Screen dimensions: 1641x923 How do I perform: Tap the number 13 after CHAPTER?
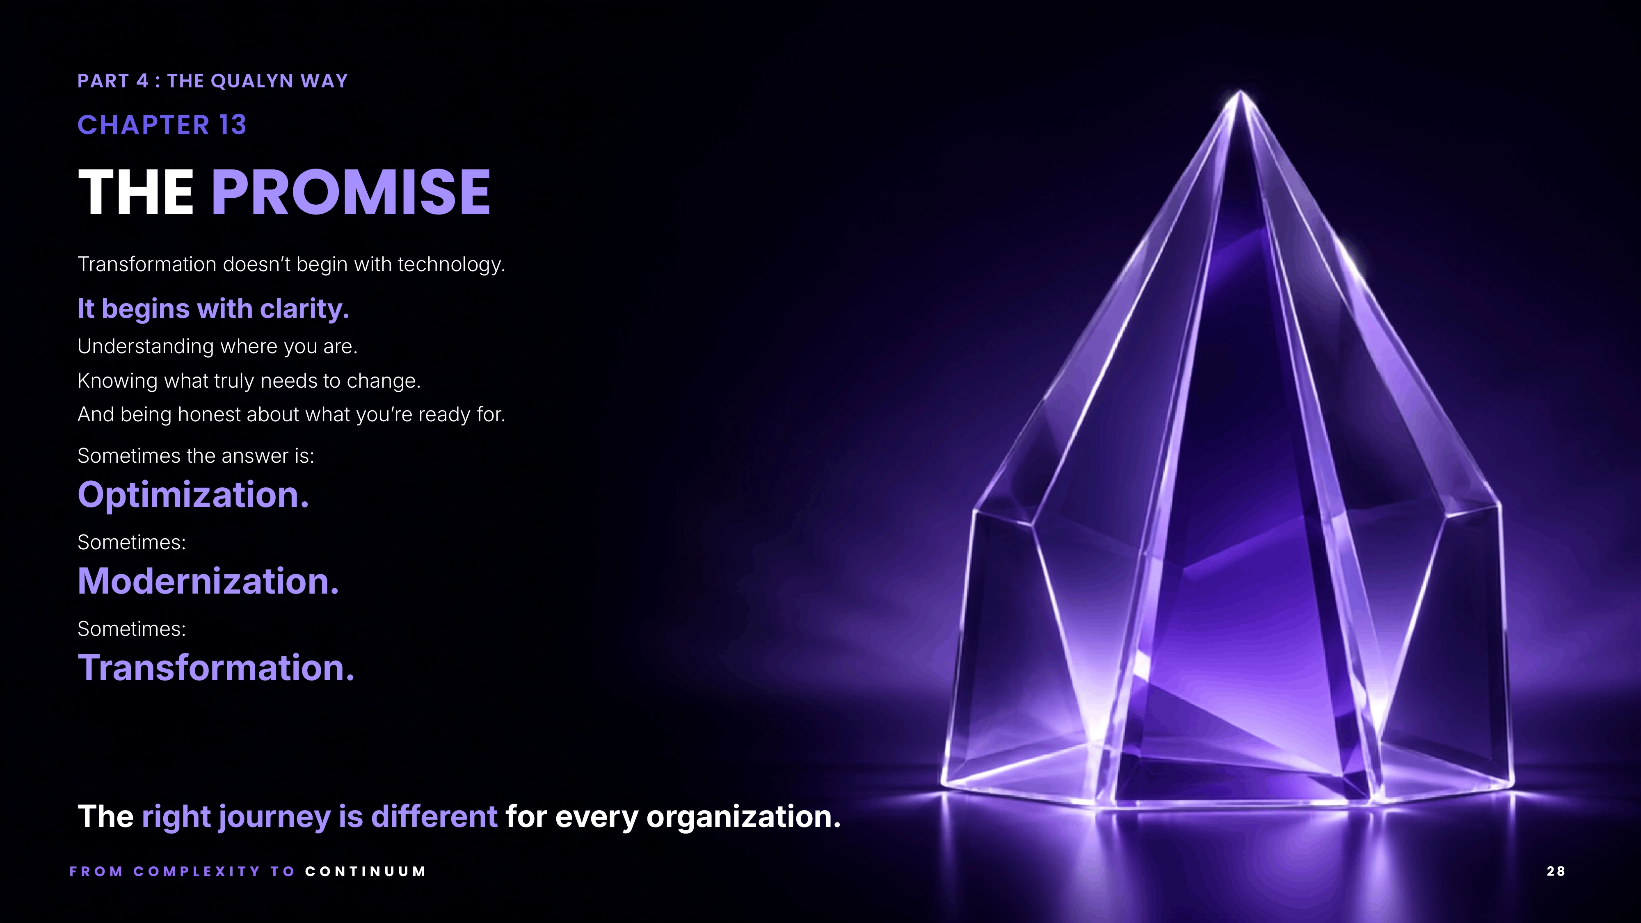(233, 125)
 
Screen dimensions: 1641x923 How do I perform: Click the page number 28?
(1556, 871)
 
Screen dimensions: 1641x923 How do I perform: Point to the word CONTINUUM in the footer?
(365, 871)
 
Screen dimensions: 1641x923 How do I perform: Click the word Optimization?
(193, 495)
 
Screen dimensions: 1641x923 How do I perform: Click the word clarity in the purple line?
(304, 309)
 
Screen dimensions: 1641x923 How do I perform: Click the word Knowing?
(117, 381)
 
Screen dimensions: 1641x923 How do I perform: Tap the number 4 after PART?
(142, 81)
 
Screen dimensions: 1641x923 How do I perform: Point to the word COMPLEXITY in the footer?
(197, 871)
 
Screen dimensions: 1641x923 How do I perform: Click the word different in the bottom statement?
(434, 817)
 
